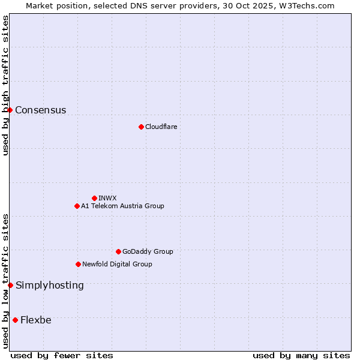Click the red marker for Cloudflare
pyautogui.click(x=141, y=127)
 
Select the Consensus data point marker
pyautogui.click(x=10, y=110)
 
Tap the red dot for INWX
pyautogui.click(x=94, y=198)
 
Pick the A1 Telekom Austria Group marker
pyautogui.click(x=77, y=206)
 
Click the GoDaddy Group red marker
pyautogui.click(x=118, y=251)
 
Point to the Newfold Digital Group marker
pyautogui.click(x=78, y=264)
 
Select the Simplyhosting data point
pyautogui.click(x=11, y=285)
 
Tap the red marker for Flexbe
pyautogui.click(x=15, y=320)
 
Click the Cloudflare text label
pyautogui.click(x=161, y=127)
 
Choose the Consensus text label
pyautogui.click(x=41, y=110)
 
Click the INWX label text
pyautogui.click(x=107, y=198)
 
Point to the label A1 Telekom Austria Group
pyautogui.click(x=122, y=206)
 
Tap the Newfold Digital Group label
pyautogui.click(x=117, y=264)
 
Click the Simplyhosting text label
pyautogui.click(x=50, y=285)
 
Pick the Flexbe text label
pyautogui.click(x=36, y=320)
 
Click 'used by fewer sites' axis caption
pyautogui.click(x=62, y=355)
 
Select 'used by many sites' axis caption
pyautogui.click(x=301, y=355)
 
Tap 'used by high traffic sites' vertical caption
pyautogui.click(x=5, y=85)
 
